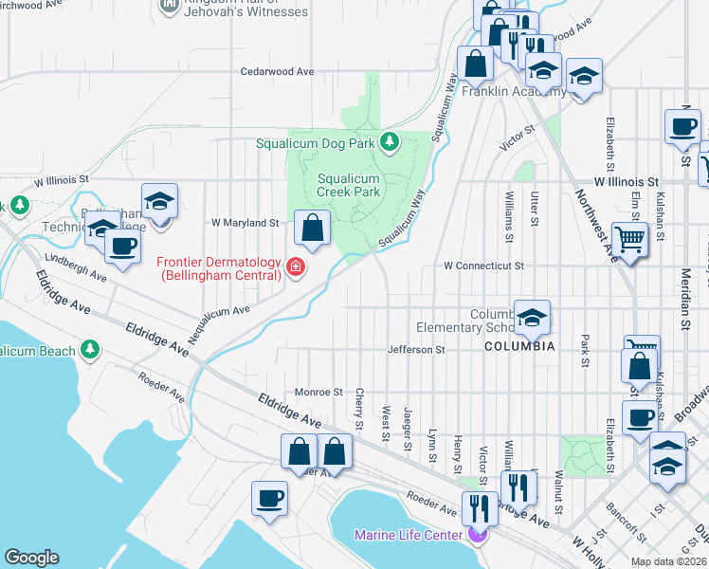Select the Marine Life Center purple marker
pos(477,536)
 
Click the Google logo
pos(31,558)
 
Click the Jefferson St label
pos(416,350)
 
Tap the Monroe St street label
pos(318,392)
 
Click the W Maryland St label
pos(245,223)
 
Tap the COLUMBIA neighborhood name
pos(519,347)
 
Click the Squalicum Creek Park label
pos(348,185)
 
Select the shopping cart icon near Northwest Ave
pos(629,239)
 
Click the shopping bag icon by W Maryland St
pos(312,228)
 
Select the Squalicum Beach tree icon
pos(91,350)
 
